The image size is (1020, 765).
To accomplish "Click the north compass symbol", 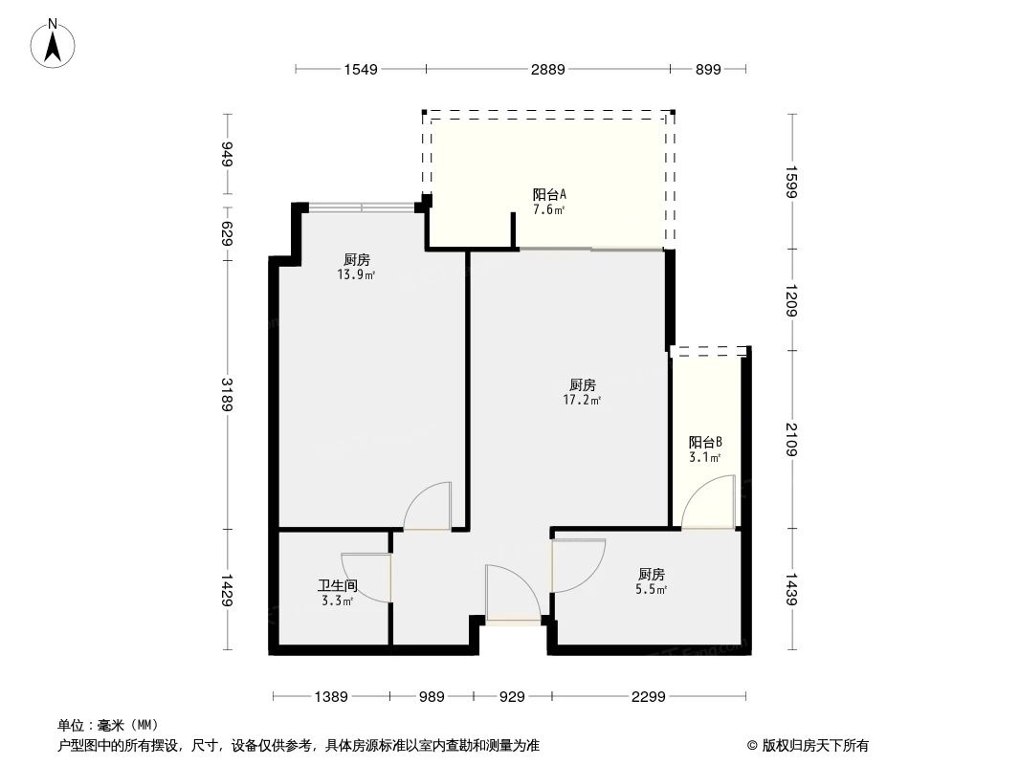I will (x=55, y=44).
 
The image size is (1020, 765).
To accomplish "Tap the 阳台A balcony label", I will (x=549, y=194).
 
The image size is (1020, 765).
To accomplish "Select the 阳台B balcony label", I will (x=704, y=442).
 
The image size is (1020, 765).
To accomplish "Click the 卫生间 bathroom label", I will (x=338, y=585).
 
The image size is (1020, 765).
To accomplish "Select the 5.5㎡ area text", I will (x=652, y=590).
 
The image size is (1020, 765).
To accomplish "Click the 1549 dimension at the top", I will (x=361, y=69).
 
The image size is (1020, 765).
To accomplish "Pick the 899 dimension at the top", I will (x=707, y=69).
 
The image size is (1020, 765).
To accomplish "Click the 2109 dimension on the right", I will (x=791, y=439).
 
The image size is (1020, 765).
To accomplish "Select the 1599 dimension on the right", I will (x=791, y=182).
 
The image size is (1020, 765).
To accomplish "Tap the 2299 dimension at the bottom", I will (x=648, y=697).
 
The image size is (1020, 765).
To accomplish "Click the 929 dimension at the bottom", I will (x=512, y=697).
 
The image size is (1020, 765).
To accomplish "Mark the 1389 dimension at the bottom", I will (x=331, y=697).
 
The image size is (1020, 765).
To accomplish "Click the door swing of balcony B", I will (x=710, y=503).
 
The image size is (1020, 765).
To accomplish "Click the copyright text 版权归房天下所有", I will (x=814, y=746).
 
